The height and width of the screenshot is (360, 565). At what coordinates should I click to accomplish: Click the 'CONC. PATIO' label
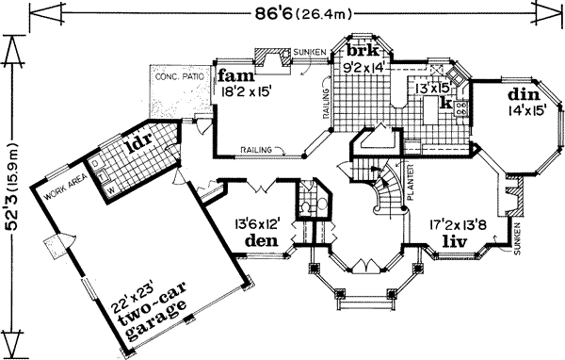click(179, 74)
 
